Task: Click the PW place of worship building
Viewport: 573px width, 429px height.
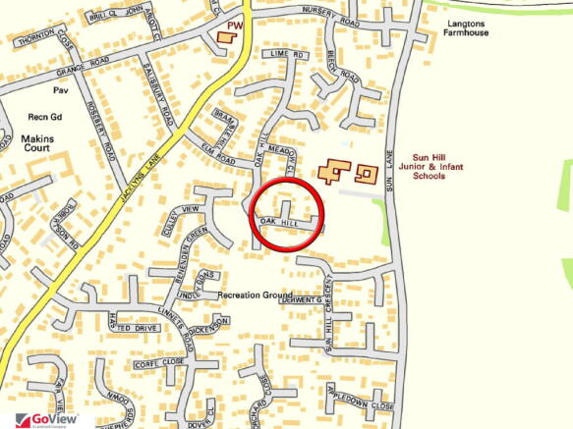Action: click(x=226, y=36)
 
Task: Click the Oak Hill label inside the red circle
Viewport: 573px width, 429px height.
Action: click(x=279, y=224)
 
